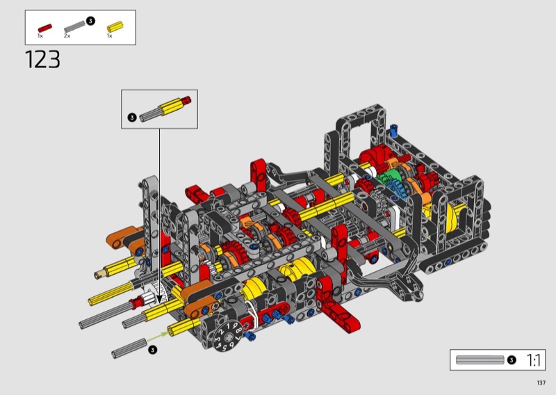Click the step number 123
tap(42, 59)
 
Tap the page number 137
tap(541, 382)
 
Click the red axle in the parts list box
tap(45, 28)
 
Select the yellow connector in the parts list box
tap(115, 27)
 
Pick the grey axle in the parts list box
tap(74, 26)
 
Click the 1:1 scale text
tap(533, 360)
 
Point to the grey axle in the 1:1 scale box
tap(480, 360)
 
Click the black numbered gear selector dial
tap(229, 337)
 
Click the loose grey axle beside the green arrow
tap(129, 348)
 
